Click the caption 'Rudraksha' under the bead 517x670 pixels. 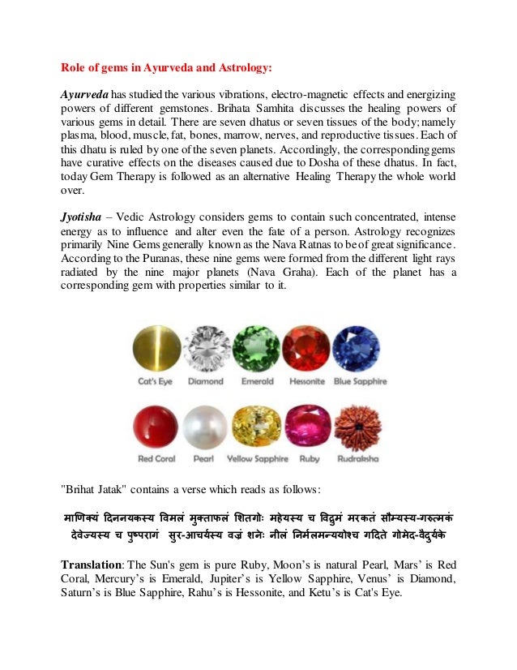click(357, 459)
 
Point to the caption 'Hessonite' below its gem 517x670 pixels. click(306, 381)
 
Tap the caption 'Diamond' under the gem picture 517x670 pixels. click(205, 381)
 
